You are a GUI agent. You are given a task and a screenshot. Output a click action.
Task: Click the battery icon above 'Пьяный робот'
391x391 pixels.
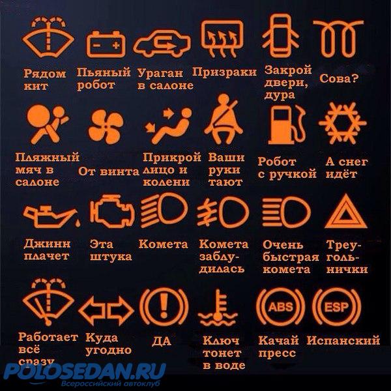point(106,44)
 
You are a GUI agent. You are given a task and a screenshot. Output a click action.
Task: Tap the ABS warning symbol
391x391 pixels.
point(280,307)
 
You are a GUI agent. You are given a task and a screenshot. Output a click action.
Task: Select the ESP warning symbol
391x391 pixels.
point(336,307)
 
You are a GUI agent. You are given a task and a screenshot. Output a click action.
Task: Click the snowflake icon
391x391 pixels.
point(343,123)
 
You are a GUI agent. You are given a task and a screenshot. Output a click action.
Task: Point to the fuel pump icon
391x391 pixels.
point(287,124)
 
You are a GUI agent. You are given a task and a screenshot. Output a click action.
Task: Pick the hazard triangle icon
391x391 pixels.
point(345,211)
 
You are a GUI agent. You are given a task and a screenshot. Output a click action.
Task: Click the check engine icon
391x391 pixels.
point(112,211)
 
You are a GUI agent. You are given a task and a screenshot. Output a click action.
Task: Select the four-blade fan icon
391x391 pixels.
point(106,127)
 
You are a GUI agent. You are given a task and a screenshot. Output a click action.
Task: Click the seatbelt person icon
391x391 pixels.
point(223,119)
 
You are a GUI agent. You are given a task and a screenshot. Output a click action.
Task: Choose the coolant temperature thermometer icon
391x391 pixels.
point(218,308)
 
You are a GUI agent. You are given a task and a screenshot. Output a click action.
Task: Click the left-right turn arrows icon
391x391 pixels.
point(106,311)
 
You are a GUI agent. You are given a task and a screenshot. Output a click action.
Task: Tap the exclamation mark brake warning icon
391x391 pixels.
point(164,307)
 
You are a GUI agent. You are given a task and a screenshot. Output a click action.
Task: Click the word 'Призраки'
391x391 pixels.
point(224,72)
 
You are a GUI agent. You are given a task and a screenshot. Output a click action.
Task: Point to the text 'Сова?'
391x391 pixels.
point(339,79)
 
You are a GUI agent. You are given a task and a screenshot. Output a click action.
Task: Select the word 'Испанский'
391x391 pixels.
point(343,340)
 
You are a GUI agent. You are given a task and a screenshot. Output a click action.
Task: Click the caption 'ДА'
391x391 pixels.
point(162,341)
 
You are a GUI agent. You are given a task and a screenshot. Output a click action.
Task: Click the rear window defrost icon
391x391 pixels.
point(222,38)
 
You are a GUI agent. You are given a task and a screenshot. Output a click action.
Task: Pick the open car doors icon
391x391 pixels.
point(280,36)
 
